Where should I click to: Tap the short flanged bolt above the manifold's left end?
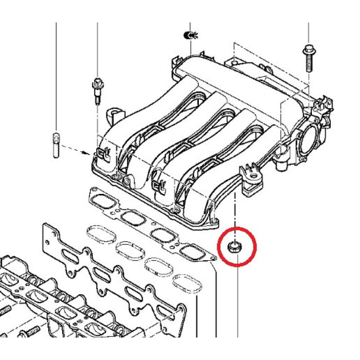tap(97, 90)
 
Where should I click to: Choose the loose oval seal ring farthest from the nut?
tap(99, 235)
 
